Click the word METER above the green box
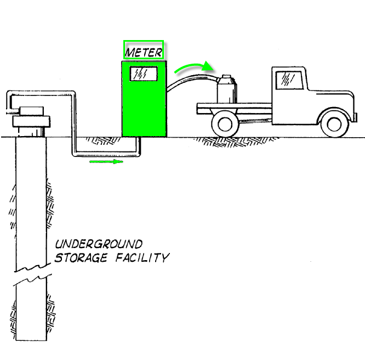[143, 52]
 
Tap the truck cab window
[287, 80]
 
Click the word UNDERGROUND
[99, 244]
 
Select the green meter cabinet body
[144, 110]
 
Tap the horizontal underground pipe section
[104, 154]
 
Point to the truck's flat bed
[236, 108]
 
